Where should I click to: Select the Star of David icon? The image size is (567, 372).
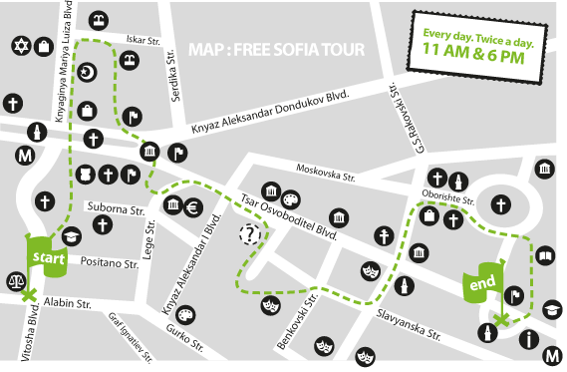pos(21,46)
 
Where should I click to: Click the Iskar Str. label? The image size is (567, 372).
pos(144,40)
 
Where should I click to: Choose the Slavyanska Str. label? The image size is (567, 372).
pos(409,321)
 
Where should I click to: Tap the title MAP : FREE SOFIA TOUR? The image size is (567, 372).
pos(275,48)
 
